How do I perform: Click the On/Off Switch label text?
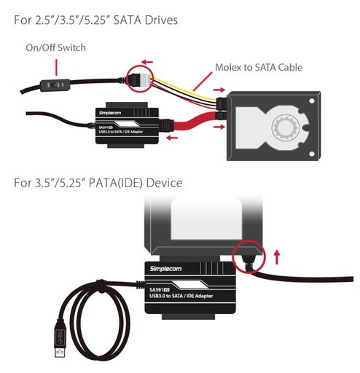[55, 47]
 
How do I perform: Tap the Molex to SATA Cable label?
[259, 67]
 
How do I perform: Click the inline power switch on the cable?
[55, 85]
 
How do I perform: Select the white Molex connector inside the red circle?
[146, 79]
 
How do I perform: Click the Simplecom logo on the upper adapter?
[110, 113]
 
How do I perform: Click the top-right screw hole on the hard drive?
[312, 101]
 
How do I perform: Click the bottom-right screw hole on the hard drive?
[312, 154]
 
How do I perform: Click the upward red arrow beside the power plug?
[277, 257]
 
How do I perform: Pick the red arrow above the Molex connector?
[147, 62]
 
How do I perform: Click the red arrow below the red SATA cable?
[172, 138]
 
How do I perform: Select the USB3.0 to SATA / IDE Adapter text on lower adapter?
[181, 296]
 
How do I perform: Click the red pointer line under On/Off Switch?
[56, 67]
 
